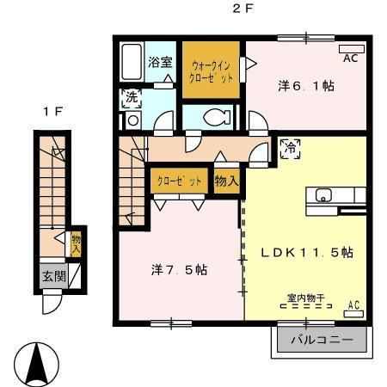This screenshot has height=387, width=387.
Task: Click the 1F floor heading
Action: (53, 110)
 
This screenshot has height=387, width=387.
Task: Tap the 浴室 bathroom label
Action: (160, 62)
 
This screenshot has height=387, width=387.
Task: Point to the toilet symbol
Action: (211, 119)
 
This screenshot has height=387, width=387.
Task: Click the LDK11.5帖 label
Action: (307, 254)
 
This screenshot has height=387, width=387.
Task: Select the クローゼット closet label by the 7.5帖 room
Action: (179, 181)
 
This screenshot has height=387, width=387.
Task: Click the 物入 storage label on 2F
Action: (226, 181)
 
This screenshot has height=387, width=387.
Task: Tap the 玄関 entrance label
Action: (51, 277)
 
